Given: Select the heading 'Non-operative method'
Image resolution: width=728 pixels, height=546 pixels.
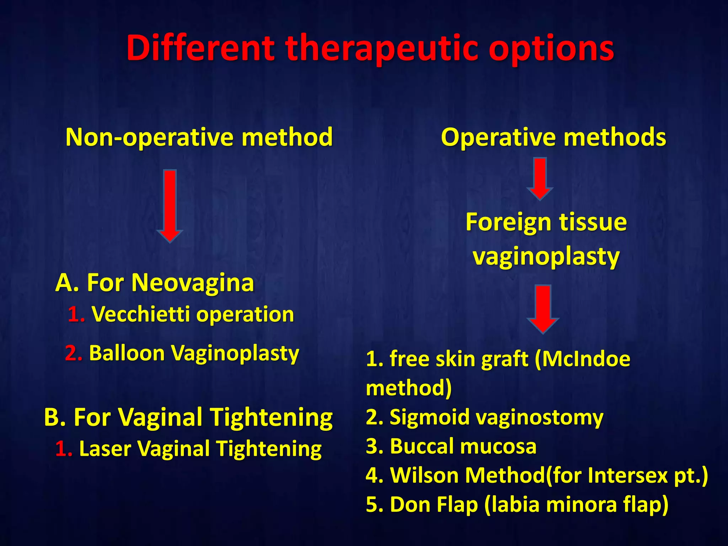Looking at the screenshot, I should [x=199, y=137].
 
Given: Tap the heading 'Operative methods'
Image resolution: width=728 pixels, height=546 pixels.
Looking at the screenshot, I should [x=553, y=137].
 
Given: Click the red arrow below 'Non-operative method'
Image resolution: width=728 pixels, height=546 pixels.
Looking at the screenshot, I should [x=170, y=206].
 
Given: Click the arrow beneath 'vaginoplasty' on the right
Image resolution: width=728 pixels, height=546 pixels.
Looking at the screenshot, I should [x=543, y=309].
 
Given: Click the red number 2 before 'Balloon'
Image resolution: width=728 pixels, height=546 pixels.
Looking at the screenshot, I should [x=74, y=353].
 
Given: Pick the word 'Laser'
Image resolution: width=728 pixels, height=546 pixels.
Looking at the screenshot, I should [x=105, y=449].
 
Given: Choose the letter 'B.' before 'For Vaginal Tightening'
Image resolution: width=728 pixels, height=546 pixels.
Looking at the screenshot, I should [x=55, y=417].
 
